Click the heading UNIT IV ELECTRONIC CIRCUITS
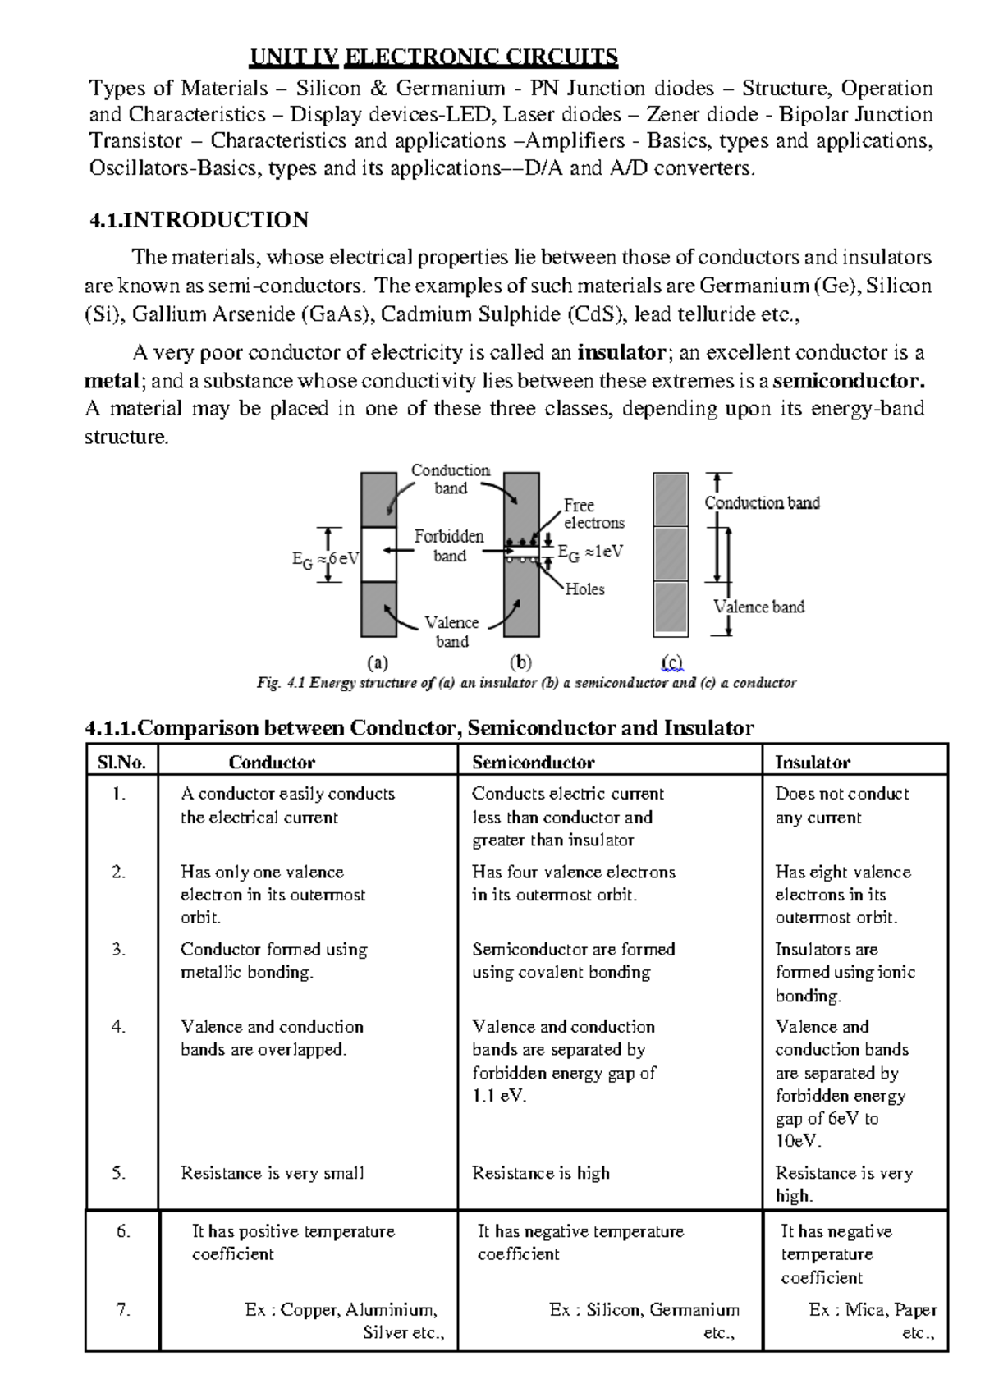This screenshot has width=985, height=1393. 433,57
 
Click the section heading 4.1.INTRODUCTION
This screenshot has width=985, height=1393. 199,220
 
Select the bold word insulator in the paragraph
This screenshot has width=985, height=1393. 621,353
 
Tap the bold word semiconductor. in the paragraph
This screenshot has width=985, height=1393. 849,381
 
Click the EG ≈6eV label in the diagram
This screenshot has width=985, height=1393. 325,559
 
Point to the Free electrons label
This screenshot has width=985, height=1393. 593,514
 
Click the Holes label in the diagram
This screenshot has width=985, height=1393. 584,589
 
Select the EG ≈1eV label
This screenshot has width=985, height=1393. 590,552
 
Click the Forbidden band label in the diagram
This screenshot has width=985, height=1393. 449,546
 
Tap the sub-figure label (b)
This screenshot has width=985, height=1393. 520,662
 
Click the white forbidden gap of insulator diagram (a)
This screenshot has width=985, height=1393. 378,554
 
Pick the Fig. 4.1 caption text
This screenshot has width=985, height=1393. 526,683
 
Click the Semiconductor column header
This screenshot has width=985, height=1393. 533,763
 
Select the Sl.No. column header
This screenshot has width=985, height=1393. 121,763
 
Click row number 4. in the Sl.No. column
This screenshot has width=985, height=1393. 119,1027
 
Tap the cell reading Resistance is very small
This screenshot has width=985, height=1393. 272,1173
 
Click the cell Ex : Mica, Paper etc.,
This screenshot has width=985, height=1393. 872,1321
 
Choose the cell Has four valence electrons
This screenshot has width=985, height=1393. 573,883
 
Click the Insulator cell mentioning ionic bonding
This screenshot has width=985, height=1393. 845,972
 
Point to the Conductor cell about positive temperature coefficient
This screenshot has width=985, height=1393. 293,1243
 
